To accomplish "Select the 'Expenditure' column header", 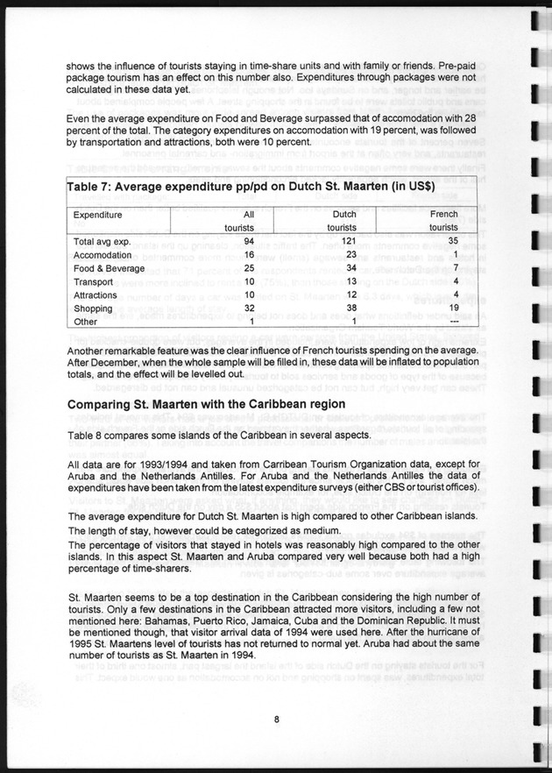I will pyautogui.click(x=97, y=214).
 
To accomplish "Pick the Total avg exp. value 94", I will pyautogui.click(x=249, y=240).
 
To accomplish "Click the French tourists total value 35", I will pyautogui.click(x=453, y=240).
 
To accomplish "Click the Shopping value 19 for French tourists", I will pyautogui.click(x=453, y=308).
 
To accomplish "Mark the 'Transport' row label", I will pyautogui.click(x=93, y=281).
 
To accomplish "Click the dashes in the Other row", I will pyautogui.click(x=454, y=322).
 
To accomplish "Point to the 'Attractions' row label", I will pyautogui.click(x=96, y=295).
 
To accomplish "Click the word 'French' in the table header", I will pyautogui.click(x=444, y=214).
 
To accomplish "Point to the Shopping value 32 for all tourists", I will pyautogui.click(x=249, y=308).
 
